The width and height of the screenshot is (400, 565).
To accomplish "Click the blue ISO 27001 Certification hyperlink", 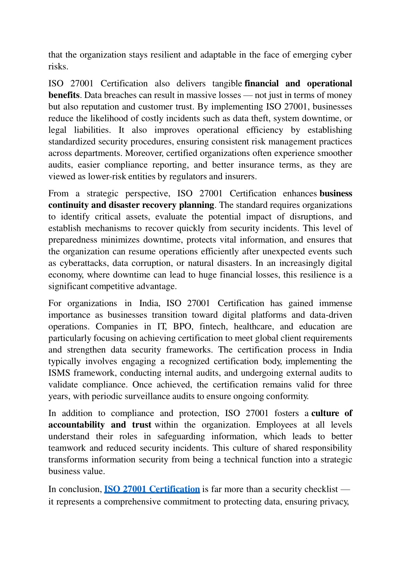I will [x=152, y=489].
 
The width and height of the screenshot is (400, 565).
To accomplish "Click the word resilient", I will [x=166, y=55].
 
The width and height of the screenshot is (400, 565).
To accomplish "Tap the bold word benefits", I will [x=64, y=95].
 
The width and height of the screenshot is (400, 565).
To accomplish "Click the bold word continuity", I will [x=66, y=205].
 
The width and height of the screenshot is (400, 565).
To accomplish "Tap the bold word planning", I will [x=196, y=205].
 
